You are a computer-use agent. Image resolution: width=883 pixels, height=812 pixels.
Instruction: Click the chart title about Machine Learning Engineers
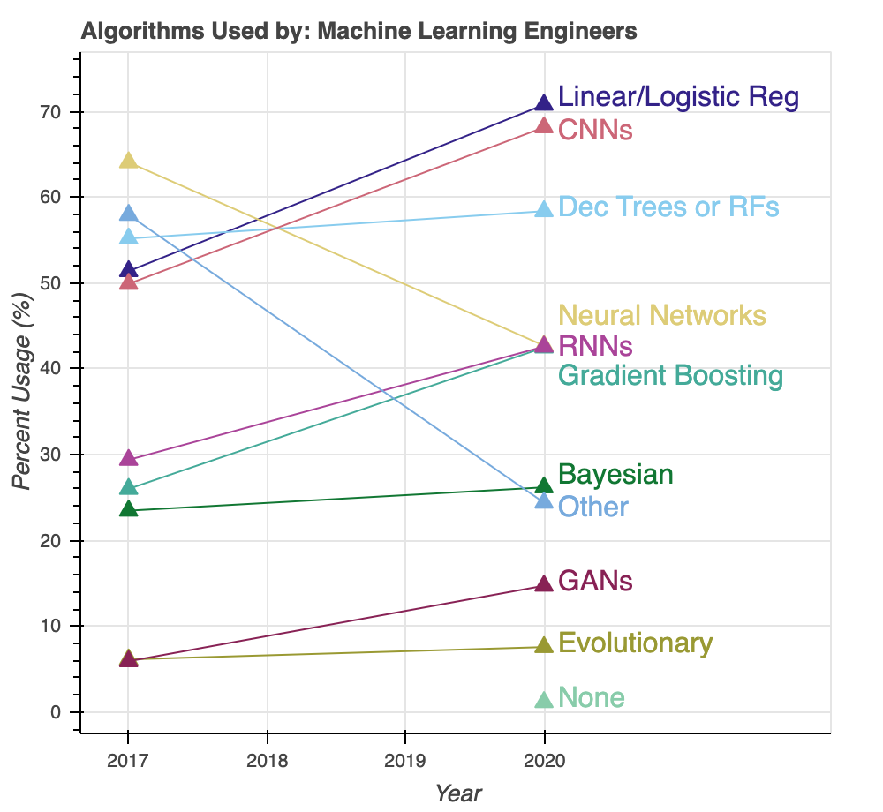(x=358, y=32)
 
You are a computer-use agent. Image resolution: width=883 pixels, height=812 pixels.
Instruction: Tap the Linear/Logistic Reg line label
(x=678, y=97)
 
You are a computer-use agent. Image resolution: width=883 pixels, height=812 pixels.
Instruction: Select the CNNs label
(x=595, y=131)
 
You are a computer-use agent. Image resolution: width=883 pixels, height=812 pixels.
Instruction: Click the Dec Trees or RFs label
(x=668, y=207)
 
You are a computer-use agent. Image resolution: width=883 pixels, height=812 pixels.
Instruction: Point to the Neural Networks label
(x=662, y=315)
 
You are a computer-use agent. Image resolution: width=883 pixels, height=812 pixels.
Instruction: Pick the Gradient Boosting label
(x=670, y=376)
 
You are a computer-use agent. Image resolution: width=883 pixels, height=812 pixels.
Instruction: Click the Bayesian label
(x=615, y=475)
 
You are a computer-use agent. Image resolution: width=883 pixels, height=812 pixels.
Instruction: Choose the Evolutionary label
(x=635, y=643)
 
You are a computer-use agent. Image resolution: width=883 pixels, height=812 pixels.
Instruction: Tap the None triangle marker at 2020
(x=544, y=699)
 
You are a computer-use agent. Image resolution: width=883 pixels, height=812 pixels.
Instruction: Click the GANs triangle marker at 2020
(x=544, y=584)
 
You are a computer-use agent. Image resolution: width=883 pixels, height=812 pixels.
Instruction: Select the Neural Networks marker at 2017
(x=128, y=161)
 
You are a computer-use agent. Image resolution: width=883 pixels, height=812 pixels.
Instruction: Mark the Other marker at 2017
(x=128, y=214)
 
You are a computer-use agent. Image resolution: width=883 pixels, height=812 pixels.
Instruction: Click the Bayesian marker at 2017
(x=128, y=508)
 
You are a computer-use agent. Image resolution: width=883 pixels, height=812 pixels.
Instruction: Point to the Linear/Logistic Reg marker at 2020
(x=544, y=104)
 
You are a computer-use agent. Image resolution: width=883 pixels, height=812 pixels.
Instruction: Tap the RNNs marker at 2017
(x=128, y=458)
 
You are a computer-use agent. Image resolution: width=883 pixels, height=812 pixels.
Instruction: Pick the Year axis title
(x=458, y=793)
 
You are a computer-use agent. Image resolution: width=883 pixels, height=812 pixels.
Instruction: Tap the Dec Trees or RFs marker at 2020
(x=544, y=209)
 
